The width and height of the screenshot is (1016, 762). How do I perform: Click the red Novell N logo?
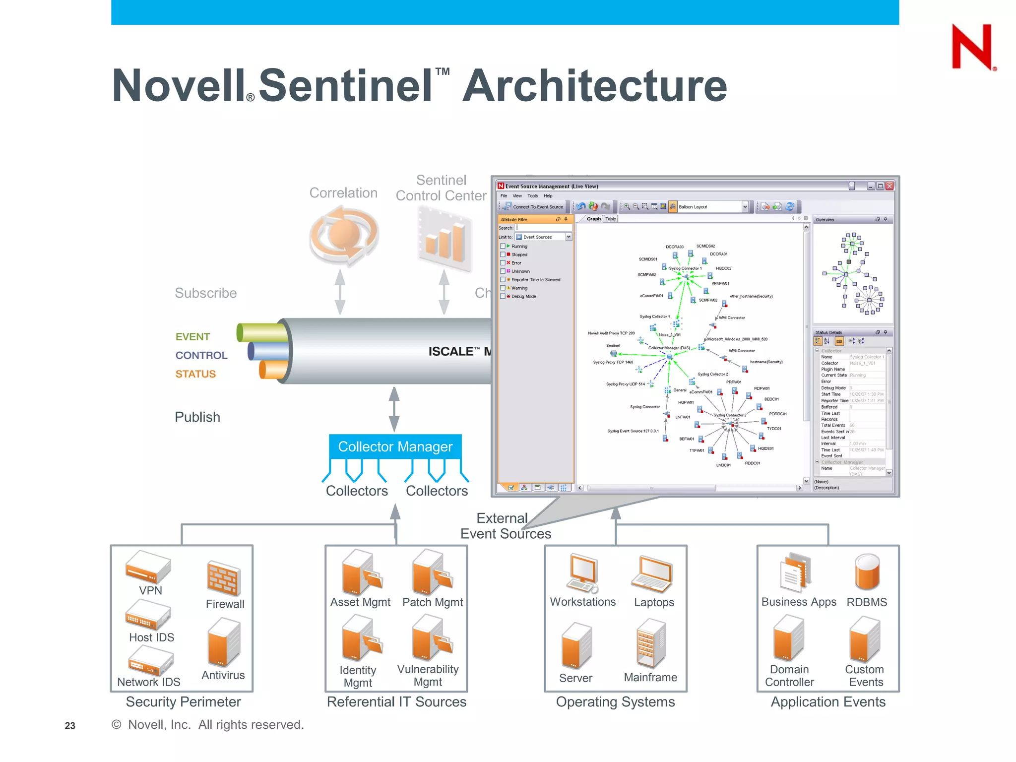972,47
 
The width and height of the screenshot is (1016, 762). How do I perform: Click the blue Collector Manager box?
395,446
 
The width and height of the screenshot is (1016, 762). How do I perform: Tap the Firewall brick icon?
224,578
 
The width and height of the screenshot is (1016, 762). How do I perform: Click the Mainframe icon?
650,643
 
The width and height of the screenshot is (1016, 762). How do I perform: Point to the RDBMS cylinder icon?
867,572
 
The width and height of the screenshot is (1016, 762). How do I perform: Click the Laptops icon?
652,574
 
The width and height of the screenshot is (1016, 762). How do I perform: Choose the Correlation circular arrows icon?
344,235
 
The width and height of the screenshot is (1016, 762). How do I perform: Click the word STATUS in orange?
195,374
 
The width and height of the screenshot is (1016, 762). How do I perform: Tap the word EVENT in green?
192,337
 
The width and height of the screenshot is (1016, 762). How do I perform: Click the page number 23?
70,726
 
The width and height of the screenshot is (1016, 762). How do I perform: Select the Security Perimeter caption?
183,702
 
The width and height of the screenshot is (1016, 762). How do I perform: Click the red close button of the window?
889,186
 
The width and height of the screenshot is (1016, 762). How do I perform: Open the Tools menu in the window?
532,196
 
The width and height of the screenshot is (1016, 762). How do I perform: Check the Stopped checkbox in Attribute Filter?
503,254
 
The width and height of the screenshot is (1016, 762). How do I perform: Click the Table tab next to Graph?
611,219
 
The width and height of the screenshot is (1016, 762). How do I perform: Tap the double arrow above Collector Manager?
394,409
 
